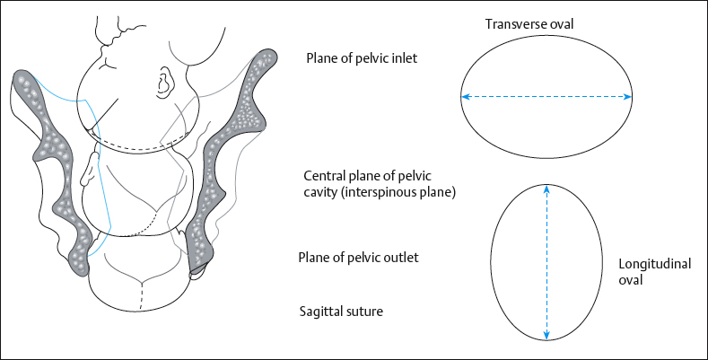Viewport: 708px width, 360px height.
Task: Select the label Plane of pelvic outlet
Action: [358, 259]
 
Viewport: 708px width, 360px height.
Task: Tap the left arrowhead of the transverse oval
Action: [466, 96]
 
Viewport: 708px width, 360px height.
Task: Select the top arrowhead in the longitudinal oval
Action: [546, 189]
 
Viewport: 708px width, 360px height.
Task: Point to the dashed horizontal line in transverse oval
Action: [546, 96]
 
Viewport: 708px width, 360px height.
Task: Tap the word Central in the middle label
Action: [326, 175]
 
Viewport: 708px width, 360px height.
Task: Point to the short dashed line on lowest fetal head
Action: [141, 297]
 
